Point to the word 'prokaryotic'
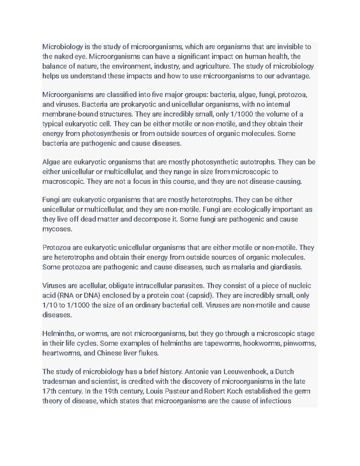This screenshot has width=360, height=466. click(x=138, y=105)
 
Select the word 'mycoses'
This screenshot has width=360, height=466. click(x=57, y=229)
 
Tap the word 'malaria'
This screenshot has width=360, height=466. click(x=243, y=267)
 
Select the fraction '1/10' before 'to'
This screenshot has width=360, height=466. click(x=49, y=305)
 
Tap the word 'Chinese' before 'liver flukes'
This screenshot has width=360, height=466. click(x=109, y=353)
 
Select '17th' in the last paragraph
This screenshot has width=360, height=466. click(x=48, y=391)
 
